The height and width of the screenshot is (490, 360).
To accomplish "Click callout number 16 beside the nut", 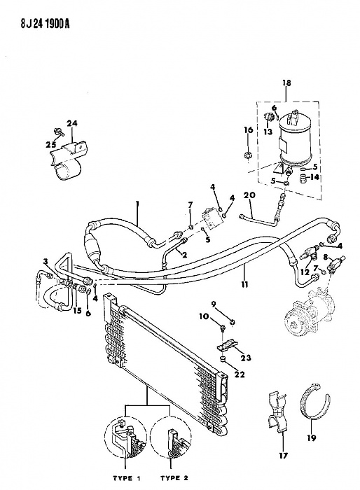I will tap(248, 130).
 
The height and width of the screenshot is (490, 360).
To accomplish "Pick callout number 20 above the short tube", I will tap(248, 195).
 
